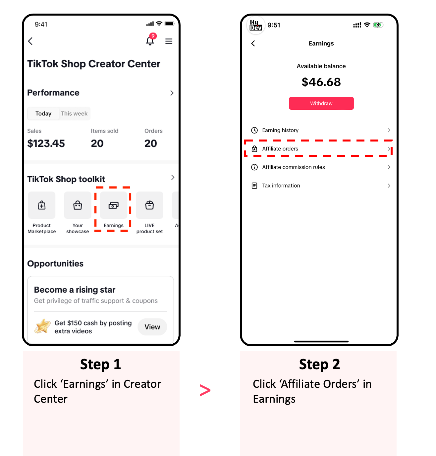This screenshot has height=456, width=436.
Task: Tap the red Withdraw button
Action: [x=321, y=103]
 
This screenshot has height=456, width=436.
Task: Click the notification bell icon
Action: [x=150, y=40]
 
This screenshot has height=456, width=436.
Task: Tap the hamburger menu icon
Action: [x=169, y=41]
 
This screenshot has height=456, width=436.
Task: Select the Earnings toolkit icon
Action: [x=113, y=205]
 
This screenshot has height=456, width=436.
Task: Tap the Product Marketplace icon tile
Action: [x=42, y=205]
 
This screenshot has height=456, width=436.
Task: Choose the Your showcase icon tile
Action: [x=78, y=205]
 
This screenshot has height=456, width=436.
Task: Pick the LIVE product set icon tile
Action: [x=149, y=205]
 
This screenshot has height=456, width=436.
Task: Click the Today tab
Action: [x=43, y=113]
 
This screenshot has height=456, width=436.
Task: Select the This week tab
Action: [x=74, y=113]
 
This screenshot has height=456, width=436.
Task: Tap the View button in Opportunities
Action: [x=152, y=327]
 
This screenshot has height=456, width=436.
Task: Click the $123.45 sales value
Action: [x=46, y=143]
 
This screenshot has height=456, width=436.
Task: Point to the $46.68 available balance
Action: [x=321, y=82]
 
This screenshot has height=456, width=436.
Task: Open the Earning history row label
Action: [x=280, y=130]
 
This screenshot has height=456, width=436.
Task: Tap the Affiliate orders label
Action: [x=280, y=148]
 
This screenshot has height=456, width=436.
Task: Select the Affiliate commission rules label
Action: [x=293, y=167]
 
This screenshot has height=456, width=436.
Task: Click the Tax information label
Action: [x=281, y=186]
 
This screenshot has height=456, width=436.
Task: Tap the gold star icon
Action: [x=42, y=326]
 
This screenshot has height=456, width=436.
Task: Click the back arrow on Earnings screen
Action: [x=253, y=43]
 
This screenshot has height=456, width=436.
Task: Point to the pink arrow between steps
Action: [x=205, y=390]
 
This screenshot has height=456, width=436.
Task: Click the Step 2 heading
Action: [x=319, y=364]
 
